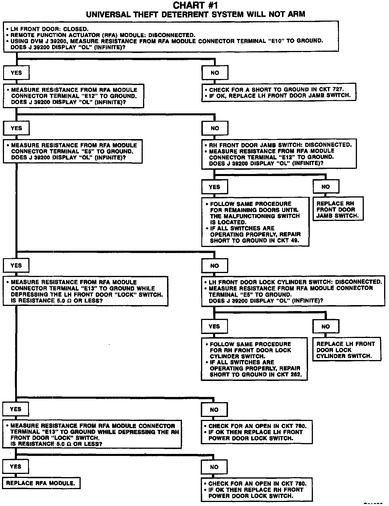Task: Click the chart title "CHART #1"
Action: click(x=196, y=5)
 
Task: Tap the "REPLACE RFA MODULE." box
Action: click(x=41, y=483)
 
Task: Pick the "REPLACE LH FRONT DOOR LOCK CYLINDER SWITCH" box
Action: click(x=347, y=350)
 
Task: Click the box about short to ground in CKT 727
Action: click(x=279, y=92)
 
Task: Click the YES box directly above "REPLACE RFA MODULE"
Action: click(x=16, y=467)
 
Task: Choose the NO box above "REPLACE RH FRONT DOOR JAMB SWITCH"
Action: click(x=326, y=187)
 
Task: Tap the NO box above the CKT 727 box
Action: click(x=215, y=73)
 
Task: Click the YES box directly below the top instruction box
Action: click(x=16, y=73)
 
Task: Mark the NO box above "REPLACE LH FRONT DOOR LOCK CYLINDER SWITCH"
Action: click(x=326, y=327)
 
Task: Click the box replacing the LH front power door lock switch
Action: click(x=256, y=432)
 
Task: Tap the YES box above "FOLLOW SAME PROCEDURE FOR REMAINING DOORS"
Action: click(x=215, y=187)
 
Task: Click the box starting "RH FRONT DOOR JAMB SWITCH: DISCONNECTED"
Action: click(x=279, y=154)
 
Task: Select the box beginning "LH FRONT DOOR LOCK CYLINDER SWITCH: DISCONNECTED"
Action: click(x=293, y=291)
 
